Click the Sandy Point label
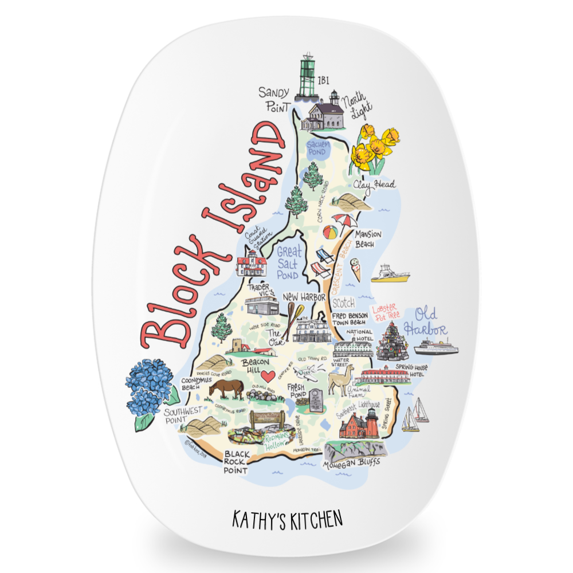[x=273, y=99]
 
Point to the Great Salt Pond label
[x=288, y=262]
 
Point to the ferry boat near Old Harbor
[x=436, y=347]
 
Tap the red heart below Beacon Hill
[x=266, y=377]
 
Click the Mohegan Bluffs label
[x=351, y=464]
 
